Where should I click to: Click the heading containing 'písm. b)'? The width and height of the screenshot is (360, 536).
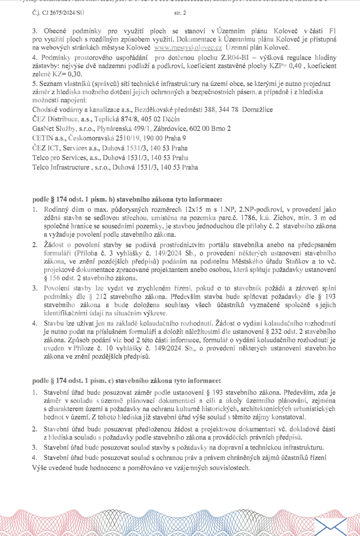pos(127,199)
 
